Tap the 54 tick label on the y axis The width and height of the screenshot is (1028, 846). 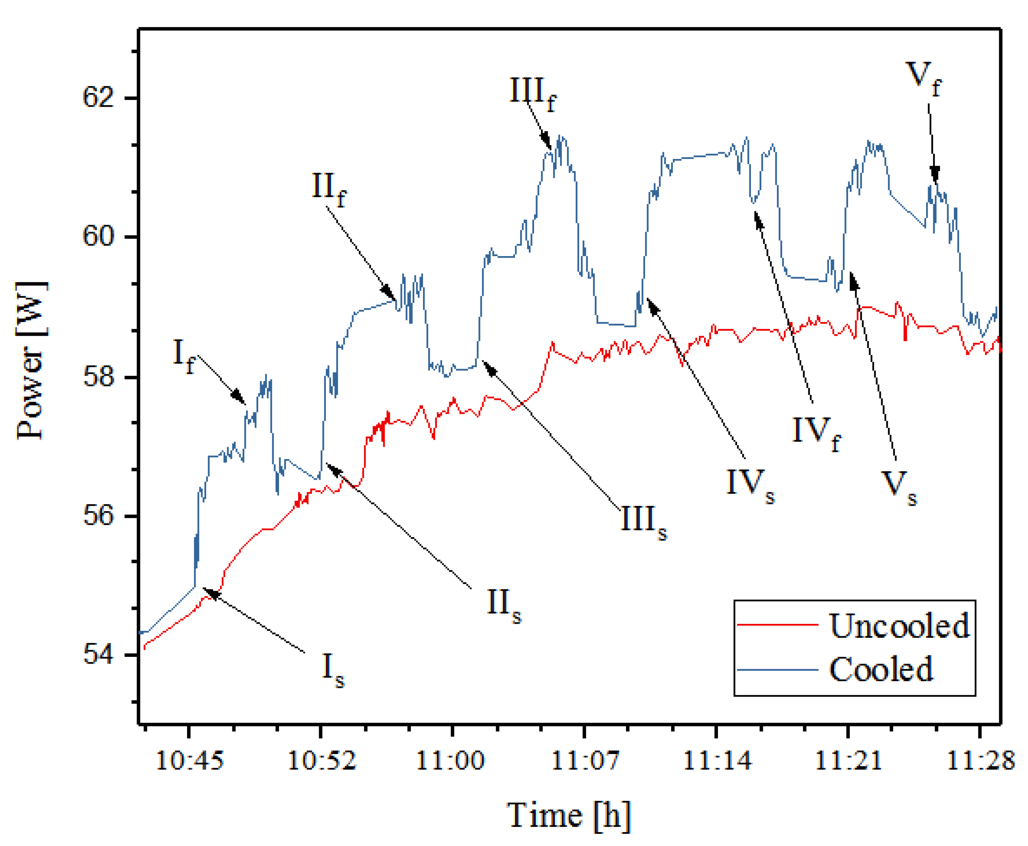tap(98, 654)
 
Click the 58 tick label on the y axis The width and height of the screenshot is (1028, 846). tap(98, 377)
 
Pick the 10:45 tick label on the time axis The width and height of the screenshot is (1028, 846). tap(189, 761)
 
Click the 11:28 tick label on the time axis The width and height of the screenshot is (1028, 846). tap(980, 761)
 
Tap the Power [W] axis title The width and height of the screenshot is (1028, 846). tap(31, 361)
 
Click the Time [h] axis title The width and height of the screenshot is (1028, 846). tap(568, 815)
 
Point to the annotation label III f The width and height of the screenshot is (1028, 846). tap(532, 94)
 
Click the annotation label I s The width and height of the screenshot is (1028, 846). tap(333, 670)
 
